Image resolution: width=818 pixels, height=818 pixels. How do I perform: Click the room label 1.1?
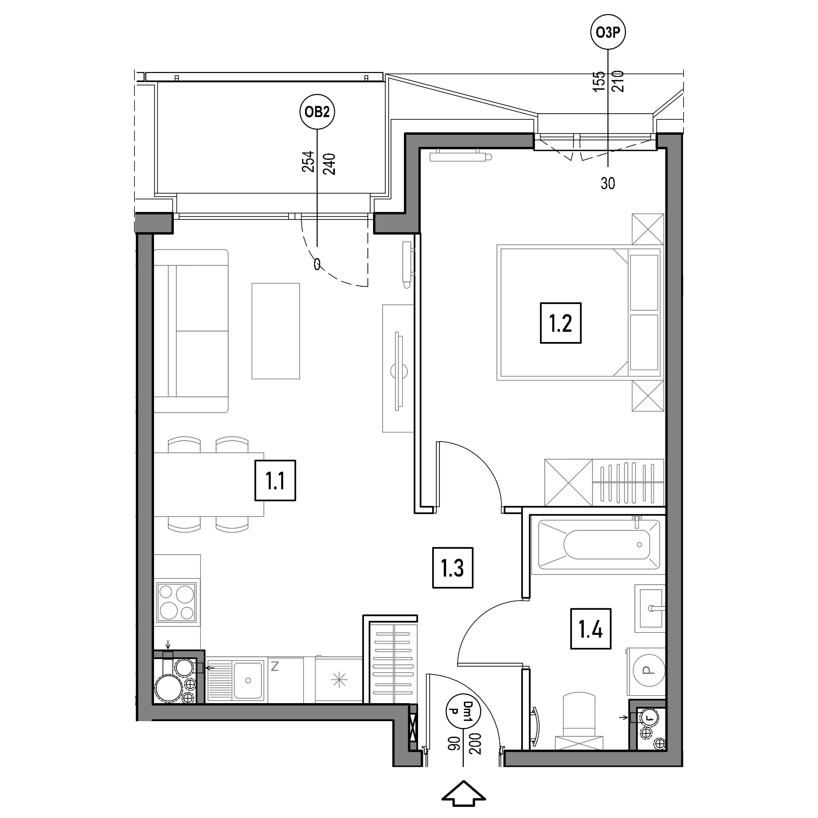point(275,481)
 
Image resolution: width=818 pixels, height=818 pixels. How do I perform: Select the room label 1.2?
point(560,323)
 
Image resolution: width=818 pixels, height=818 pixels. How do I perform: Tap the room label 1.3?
point(453,568)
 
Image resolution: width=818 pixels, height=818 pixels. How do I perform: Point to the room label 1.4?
point(591,629)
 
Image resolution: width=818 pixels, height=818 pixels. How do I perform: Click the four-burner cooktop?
point(177,602)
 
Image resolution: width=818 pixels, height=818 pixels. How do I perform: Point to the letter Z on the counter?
point(275,667)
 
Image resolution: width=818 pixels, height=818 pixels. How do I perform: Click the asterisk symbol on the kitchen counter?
point(339,680)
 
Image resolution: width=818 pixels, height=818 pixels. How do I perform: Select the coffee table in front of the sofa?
point(276,331)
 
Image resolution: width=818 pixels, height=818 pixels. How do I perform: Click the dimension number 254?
point(308,161)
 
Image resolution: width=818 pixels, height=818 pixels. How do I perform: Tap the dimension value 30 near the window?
point(608,183)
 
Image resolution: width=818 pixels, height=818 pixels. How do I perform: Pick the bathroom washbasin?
point(650,608)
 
